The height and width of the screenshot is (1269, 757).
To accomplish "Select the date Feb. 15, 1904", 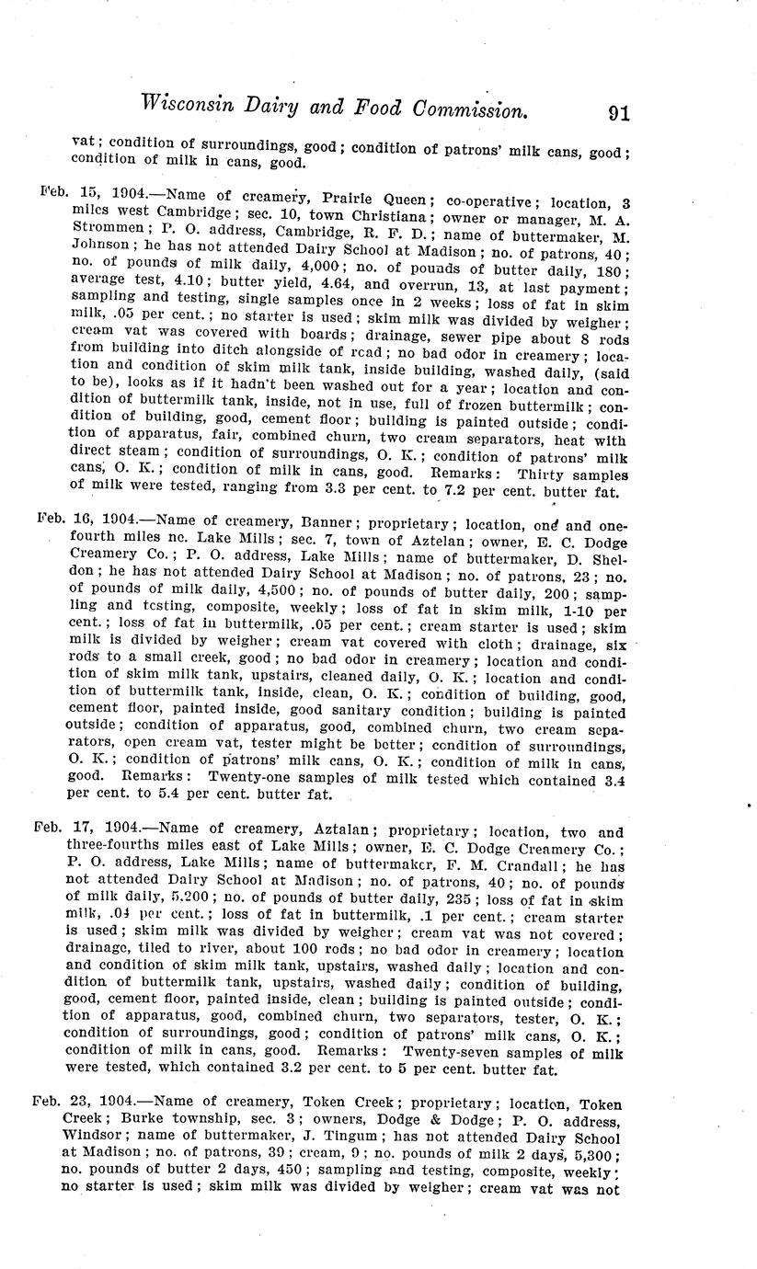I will tap(93, 195).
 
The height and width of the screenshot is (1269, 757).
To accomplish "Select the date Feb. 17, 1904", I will tap(88, 832).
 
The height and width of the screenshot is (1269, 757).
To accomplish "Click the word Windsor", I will tap(94, 1137).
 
